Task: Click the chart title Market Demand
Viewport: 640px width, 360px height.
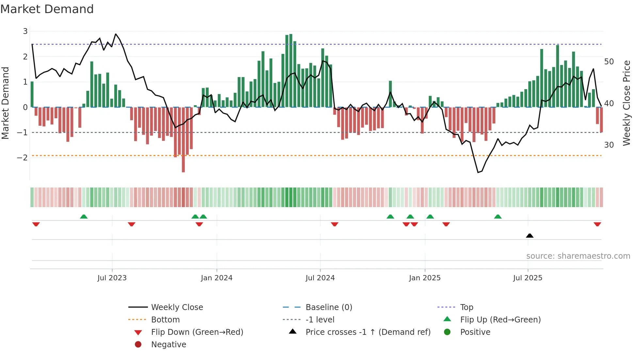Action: (47, 9)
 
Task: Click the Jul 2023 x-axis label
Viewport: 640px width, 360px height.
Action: (112, 278)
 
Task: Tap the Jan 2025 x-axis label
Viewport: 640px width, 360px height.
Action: (424, 278)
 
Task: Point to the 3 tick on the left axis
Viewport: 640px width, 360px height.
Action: (25, 31)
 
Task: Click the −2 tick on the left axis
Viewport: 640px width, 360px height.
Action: (23, 157)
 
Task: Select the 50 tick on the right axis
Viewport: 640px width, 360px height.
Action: (609, 62)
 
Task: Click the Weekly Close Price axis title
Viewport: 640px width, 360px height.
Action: (626, 103)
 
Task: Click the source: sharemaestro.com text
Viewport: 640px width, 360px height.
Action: (578, 256)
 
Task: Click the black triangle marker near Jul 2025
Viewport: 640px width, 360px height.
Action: (530, 236)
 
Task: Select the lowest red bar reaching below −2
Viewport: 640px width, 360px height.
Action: (183, 163)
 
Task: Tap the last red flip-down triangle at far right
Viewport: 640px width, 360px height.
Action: (597, 224)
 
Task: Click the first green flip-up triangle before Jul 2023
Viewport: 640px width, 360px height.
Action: (84, 216)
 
